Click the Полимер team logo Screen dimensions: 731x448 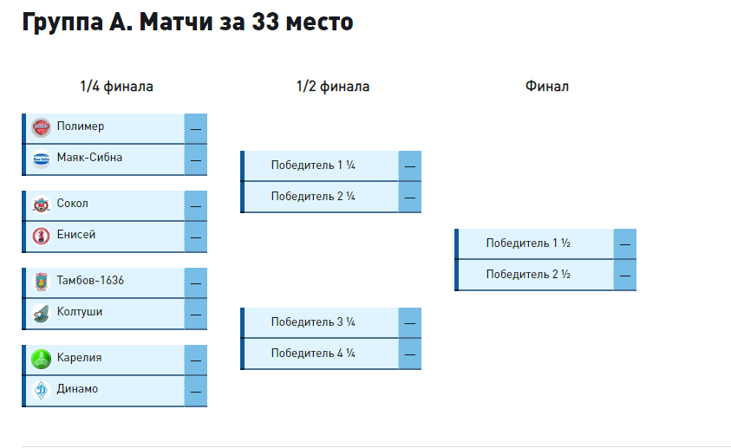[x=41, y=127]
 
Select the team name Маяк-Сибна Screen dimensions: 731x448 [x=89, y=158]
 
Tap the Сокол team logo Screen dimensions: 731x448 [x=41, y=205]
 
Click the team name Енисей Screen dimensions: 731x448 [x=76, y=235]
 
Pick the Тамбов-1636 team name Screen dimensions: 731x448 [x=90, y=281]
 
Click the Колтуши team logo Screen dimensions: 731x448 [x=41, y=313]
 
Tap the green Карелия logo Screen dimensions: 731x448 [x=41, y=359]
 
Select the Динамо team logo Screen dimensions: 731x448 [x=41, y=390]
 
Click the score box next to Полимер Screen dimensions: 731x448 [x=196, y=128]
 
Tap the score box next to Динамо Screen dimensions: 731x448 [x=196, y=391]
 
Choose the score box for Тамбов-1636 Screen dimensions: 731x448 [x=196, y=282]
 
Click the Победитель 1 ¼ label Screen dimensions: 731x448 [x=313, y=166]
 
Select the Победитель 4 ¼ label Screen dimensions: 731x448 [x=313, y=354]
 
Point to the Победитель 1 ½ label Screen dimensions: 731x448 [x=528, y=243]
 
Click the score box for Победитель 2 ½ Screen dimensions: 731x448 [x=624, y=276]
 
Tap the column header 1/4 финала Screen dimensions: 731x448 [x=116, y=87]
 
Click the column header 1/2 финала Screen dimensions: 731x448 [x=333, y=87]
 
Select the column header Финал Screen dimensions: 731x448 [x=547, y=87]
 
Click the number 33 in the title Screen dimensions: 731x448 [x=265, y=22]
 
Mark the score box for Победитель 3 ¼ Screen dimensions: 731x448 [x=410, y=322]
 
